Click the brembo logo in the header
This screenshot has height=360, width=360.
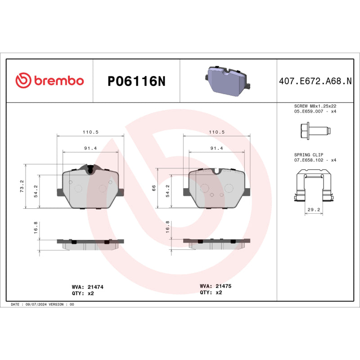pos(49,81)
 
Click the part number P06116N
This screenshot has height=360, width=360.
pos(136,81)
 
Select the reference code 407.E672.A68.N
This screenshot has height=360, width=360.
pos(315,81)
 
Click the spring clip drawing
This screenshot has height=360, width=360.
pos(315,186)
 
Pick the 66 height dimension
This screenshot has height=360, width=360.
pos(154,188)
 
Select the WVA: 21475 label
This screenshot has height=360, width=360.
pos(216,286)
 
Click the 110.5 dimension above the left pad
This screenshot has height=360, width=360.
pos(90,132)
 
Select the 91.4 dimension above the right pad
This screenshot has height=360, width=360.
pos(217,148)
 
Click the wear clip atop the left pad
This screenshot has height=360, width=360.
pos(91,169)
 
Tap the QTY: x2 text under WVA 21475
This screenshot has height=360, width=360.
pos(211,292)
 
